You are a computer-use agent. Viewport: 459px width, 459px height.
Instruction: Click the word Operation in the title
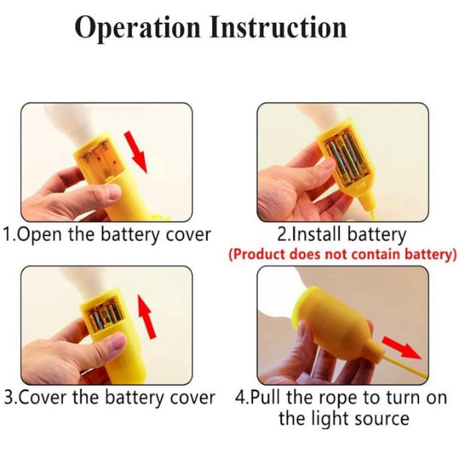pos(137,28)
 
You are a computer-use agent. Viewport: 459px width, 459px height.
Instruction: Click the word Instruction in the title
pos(279,27)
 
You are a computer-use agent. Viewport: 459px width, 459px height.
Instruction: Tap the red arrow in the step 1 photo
pos(137,151)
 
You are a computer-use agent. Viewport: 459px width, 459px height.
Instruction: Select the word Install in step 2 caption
pos(318,235)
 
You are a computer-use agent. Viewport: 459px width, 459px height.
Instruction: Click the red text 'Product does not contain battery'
pos(342,254)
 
